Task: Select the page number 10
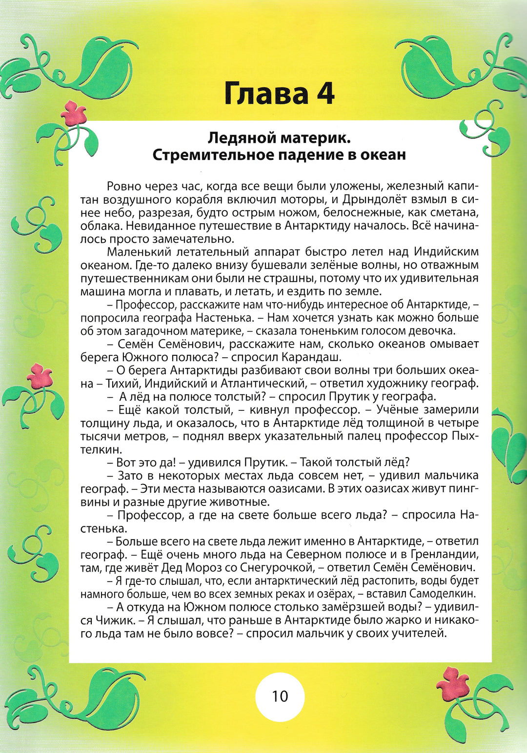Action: point(280,696)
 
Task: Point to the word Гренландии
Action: point(445,555)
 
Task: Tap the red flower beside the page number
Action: point(452,683)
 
